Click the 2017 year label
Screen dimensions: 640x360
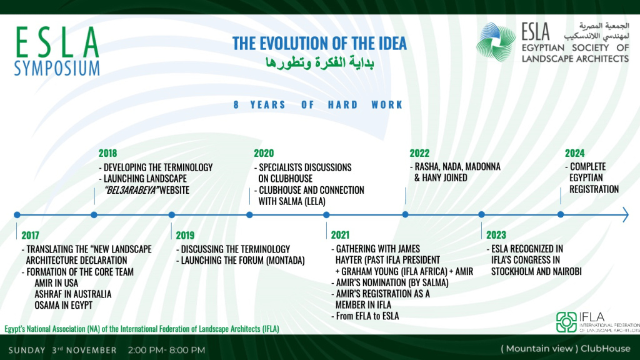click(30, 235)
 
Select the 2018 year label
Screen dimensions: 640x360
click(107, 153)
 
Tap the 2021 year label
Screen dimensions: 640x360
click(340, 235)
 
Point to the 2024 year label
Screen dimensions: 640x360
click(575, 153)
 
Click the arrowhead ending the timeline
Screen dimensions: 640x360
click(625, 214)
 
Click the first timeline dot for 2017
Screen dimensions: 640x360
click(17, 215)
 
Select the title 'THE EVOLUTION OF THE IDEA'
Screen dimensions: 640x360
click(319, 43)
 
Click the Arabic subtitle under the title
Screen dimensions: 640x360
click(319, 62)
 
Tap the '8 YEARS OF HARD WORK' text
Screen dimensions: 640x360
click(318, 105)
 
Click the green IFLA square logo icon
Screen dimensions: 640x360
click(566, 322)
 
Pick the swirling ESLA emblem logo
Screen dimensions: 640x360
click(496, 42)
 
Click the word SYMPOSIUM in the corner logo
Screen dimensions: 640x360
click(57, 67)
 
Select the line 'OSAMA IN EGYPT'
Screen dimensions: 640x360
click(64, 305)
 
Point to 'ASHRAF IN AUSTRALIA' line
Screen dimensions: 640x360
click(73, 294)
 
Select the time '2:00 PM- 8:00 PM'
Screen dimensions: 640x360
click(166, 350)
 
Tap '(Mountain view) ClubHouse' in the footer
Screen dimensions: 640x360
click(566, 349)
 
